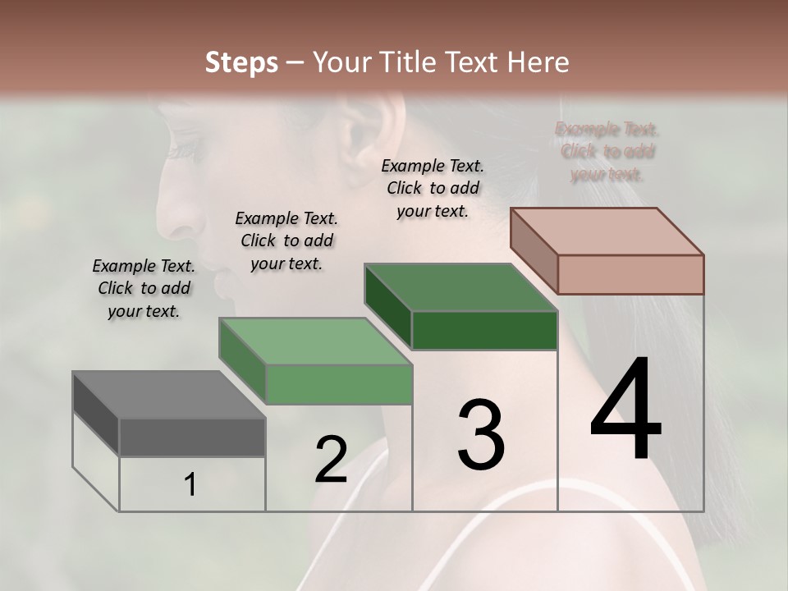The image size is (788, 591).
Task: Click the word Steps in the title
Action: point(241,62)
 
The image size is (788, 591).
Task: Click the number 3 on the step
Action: point(481,435)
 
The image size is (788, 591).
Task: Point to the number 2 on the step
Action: point(331,460)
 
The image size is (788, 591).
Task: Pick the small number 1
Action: point(190,485)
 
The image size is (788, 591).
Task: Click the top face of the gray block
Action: point(168,395)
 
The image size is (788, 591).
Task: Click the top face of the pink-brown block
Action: point(607,231)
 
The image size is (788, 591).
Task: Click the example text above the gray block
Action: point(144,288)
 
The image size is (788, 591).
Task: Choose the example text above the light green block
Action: point(286,241)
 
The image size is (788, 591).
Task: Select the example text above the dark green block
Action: point(433,188)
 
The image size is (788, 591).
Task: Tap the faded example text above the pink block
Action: point(607,152)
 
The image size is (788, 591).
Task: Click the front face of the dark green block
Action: point(484,331)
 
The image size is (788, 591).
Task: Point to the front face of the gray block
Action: point(192,437)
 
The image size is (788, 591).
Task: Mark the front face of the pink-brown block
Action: point(630,274)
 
